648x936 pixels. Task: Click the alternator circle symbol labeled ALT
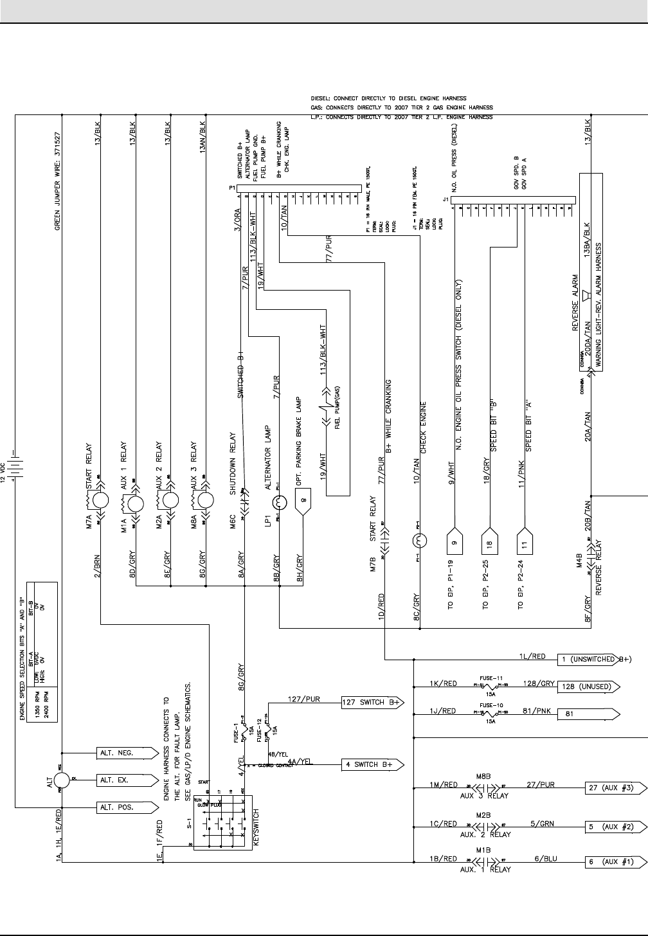[x=61, y=780]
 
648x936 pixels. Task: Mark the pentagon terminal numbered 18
[x=491, y=543]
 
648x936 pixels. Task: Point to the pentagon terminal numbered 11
[x=525, y=543]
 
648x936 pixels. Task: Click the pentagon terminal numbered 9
[x=455, y=543]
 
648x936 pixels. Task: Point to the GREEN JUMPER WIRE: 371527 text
[x=57, y=182]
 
